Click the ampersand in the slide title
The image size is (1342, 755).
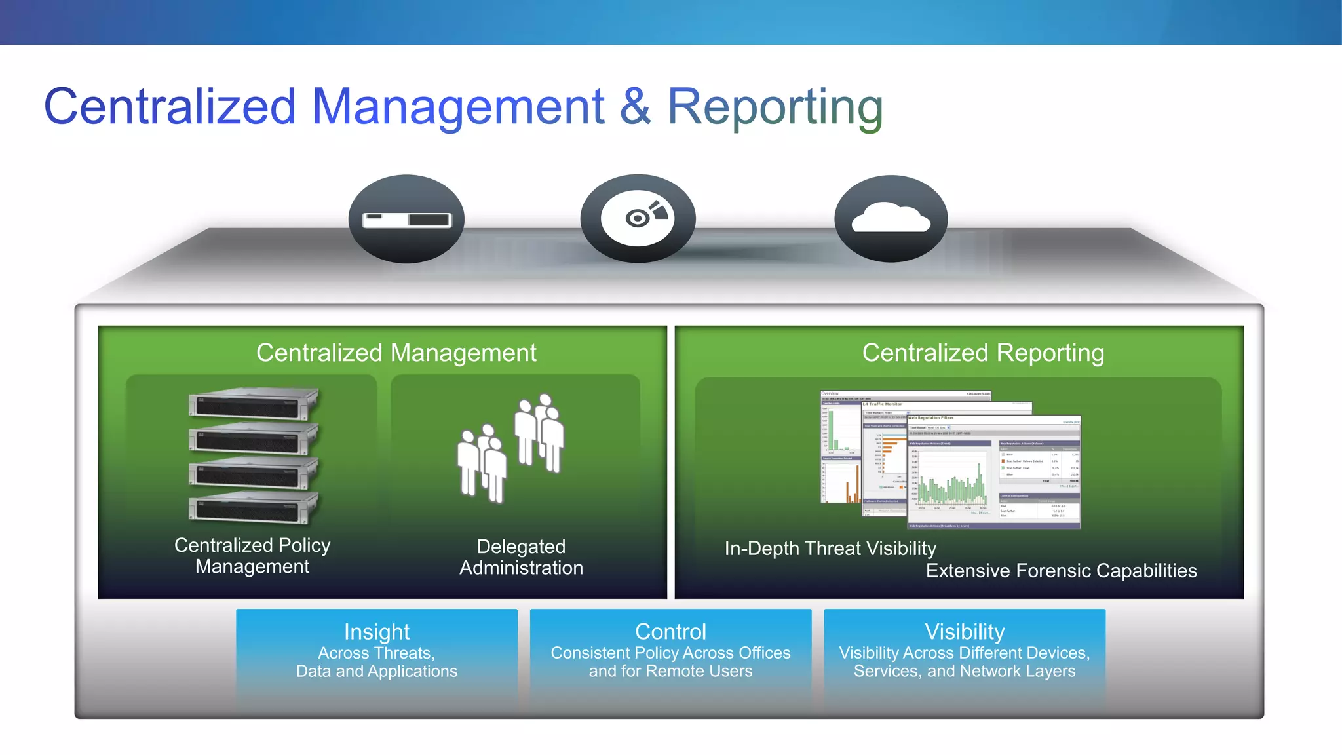click(x=635, y=107)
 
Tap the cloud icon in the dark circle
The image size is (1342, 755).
click(x=891, y=218)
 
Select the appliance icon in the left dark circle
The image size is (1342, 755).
click(x=407, y=220)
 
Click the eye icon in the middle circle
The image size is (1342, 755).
click(x=638, y=218)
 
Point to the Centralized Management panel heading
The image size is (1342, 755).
click(x=396, y=353)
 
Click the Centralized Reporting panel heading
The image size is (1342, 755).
click(x=983, y=353)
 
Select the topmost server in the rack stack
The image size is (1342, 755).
click(x=253, y=403)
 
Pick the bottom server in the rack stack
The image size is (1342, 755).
click(x=253, y=509)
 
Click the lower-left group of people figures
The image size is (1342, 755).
click(x=482, y=463)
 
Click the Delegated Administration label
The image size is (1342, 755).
click(x=521, y=557)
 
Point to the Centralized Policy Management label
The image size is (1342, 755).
click(x=252, y=556)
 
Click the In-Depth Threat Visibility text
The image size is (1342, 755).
click(x=830, y=549)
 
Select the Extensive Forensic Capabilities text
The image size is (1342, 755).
click(x=1061, y=571)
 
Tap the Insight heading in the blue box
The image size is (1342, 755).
click(x=377, y=632)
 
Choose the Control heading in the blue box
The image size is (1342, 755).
click(x=670, y=632)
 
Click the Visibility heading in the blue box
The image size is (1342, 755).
click(x=965, y=632)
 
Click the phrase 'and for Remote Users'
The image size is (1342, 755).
click(x=670, y=671)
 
